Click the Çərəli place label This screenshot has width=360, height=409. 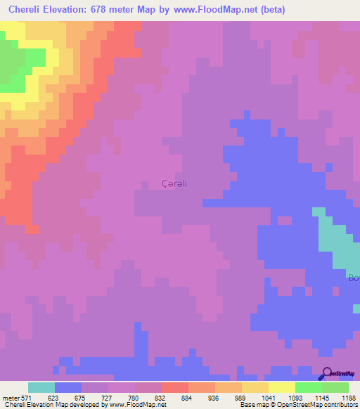(174, 184)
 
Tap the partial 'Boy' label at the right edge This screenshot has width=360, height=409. (354, 278)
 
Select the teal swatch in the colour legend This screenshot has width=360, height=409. (41, 387)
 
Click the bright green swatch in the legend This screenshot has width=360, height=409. (309, 387)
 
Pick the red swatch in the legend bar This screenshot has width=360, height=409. (175, 387)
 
